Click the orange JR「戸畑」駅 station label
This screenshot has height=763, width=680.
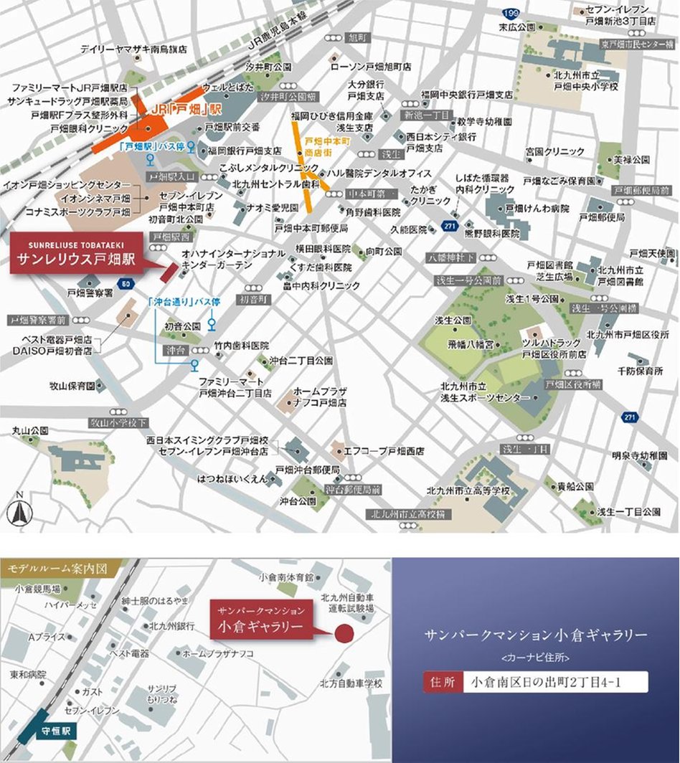click(x=179, y=112)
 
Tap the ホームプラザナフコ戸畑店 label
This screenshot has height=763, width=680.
click(x=320, y=397)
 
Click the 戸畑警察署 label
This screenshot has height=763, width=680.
click(x=90, y=293)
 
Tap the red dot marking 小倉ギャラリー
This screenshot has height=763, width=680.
click(x=344, y=634)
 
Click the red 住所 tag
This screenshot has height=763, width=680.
click(x=440, y=682)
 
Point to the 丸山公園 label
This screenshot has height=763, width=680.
click(x=29, y=430)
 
